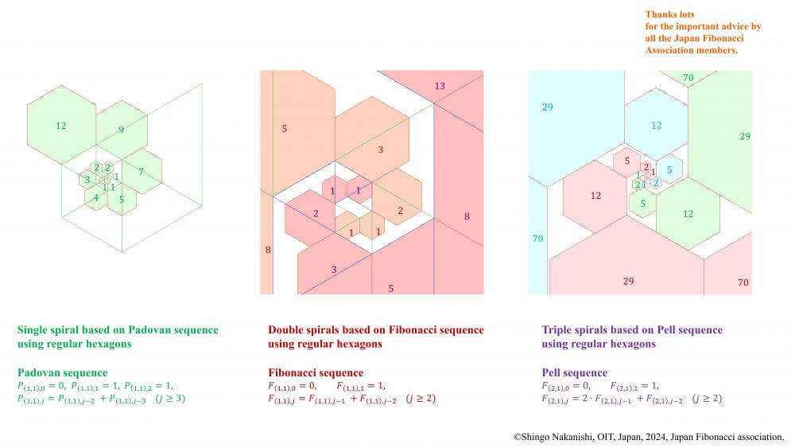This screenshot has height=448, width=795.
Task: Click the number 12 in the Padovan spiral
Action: coord(61,126)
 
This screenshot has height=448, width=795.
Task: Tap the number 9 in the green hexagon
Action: coord(121,130)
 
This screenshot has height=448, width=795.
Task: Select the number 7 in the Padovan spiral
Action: coord(141,172)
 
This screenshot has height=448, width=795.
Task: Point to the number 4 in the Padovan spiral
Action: coord(96,198)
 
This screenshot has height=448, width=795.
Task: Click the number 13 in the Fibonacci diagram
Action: coord(440,86)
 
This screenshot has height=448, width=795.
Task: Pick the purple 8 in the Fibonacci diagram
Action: coord(467,216)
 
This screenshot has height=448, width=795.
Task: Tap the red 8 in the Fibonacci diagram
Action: coord(268,250)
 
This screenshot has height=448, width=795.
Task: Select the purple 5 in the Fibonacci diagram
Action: coord(391,289)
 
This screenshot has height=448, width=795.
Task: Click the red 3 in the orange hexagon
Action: coord(380,150)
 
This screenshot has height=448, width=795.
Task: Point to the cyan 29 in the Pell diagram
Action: coord(548,107)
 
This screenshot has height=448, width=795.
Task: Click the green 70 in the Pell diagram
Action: coord(688,78)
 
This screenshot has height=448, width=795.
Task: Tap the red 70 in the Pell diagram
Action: coord(743,282)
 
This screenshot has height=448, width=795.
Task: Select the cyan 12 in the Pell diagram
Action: coord(657,125)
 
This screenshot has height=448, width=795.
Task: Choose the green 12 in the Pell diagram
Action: coord(688,214)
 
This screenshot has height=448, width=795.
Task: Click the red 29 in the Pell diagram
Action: coord(629,282)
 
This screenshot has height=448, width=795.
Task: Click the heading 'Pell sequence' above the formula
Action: coord(575,373)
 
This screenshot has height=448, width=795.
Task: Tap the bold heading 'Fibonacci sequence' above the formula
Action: coord(316,373)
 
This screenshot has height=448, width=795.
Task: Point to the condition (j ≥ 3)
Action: coord(170,399)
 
